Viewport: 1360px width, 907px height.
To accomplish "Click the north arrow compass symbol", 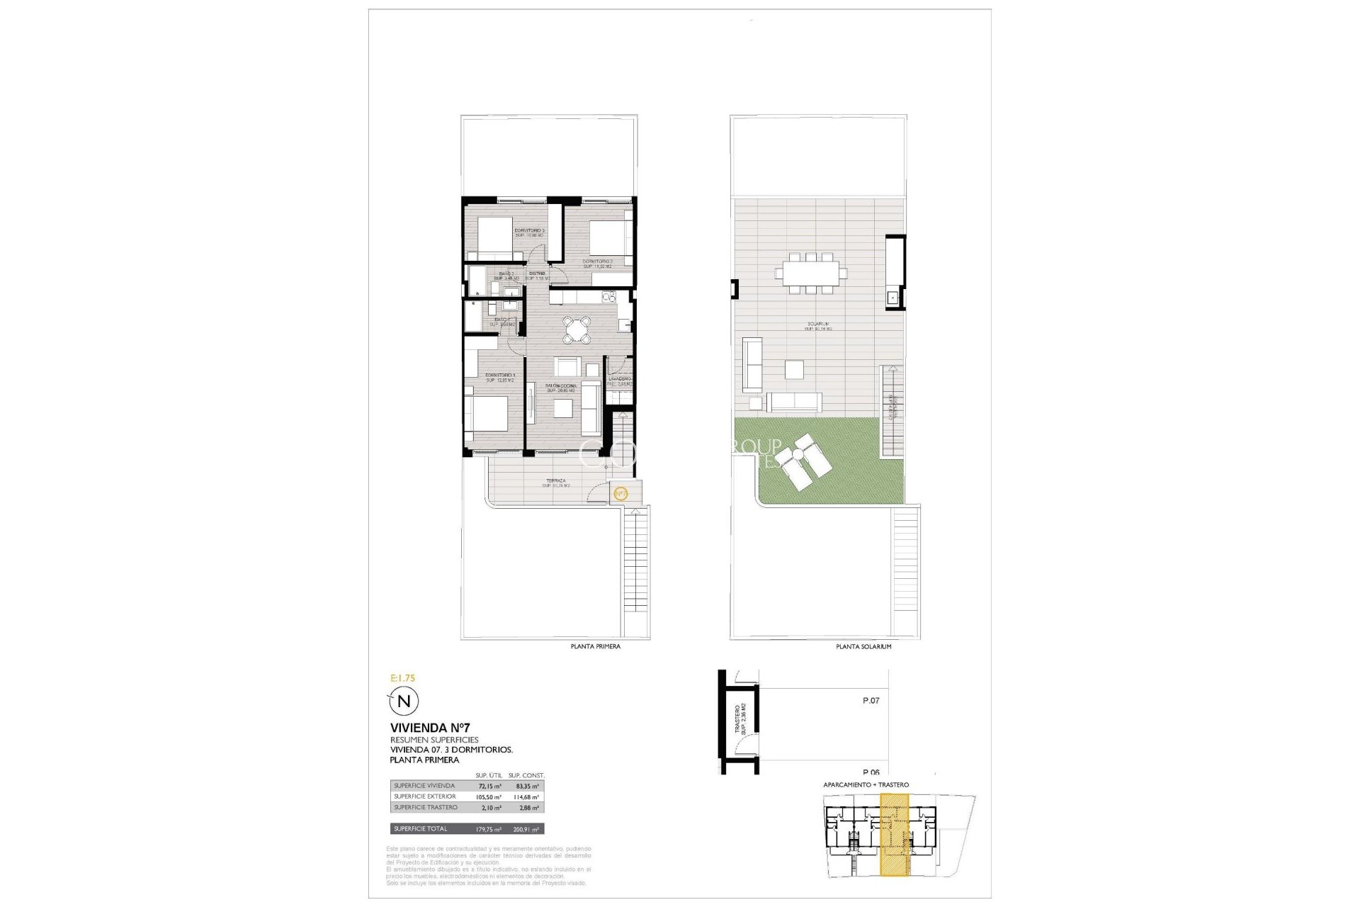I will (x=404, y=702).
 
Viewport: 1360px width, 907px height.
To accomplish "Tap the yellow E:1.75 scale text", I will (x=403, y=678).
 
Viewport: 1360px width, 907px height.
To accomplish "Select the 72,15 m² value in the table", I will (x=489, y=786).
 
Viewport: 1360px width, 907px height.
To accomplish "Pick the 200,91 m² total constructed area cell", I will (x=526, y=829).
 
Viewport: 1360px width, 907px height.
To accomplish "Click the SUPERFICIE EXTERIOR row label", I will (x=425, y=796).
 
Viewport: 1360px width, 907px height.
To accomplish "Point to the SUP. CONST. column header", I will (x=526, y=776).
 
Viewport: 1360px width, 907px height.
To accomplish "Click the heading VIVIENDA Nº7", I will (x=430, y=728).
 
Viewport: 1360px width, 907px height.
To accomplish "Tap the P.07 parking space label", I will (x=871, y=701).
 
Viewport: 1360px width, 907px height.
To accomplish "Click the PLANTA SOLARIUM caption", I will (x=863, y=647).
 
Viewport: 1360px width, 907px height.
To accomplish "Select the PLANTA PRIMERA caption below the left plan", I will (x=596, y=647).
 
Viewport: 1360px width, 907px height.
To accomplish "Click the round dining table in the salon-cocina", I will (x=577, y=329).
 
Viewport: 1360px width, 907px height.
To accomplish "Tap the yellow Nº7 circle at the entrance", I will (x=620, y=493).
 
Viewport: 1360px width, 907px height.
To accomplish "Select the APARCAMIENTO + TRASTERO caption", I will (x=866, y=785).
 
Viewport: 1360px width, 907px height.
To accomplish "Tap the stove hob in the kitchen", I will (x=607, y=296).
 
